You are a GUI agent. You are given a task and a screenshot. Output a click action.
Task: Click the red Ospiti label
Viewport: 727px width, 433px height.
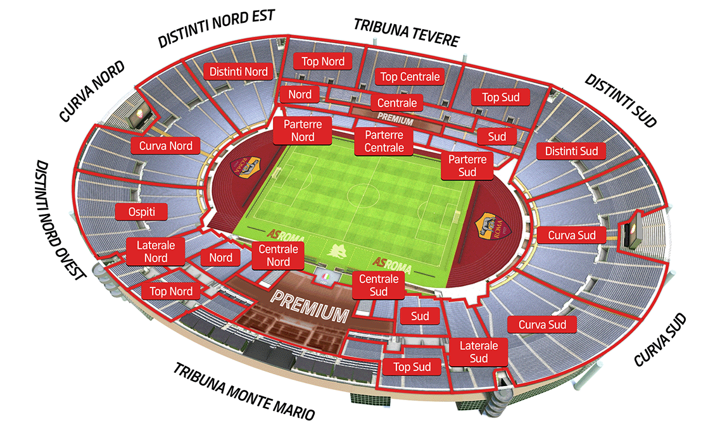[x=141, y=211]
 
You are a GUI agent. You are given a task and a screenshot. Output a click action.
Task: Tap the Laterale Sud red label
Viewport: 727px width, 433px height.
[x=479, y=353]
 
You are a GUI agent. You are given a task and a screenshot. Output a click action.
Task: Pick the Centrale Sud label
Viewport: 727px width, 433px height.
[x=378, y=286]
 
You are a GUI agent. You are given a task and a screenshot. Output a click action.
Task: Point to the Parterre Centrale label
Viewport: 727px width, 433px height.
[x=384, y=142]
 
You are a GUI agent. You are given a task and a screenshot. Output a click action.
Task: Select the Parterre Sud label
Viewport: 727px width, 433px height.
[x=467, y=166]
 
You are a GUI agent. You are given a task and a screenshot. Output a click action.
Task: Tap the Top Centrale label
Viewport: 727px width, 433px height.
[x=410, y=77]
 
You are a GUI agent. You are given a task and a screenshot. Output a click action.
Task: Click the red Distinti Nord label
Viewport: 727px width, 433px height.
[x=239, y=72]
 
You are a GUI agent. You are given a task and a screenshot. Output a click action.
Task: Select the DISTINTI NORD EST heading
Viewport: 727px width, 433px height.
[x=217, y=28]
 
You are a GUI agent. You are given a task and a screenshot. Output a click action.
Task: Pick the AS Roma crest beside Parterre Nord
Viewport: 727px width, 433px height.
[x=246, y=166]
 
